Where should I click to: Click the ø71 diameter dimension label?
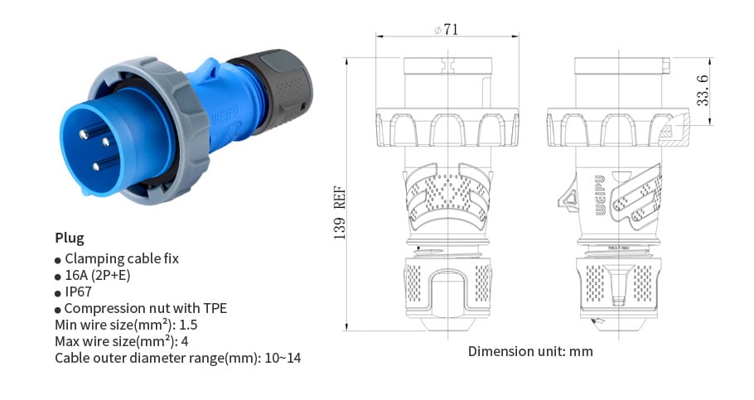point(446,30)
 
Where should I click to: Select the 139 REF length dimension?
point(340,212)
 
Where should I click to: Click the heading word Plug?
point(70,238)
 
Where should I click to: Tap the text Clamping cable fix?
point(121,258)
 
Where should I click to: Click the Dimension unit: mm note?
point(530,351)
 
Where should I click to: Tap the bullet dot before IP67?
point(58,293)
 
